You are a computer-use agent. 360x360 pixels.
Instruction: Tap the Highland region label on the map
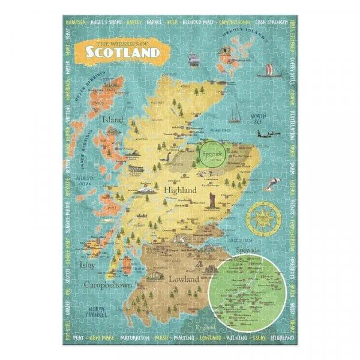[180, 190]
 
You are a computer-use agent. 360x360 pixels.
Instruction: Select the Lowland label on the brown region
[181, 262]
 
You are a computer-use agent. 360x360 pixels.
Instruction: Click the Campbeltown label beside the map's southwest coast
[109, 284]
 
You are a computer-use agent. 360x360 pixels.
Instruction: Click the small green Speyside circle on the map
[215, 154]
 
